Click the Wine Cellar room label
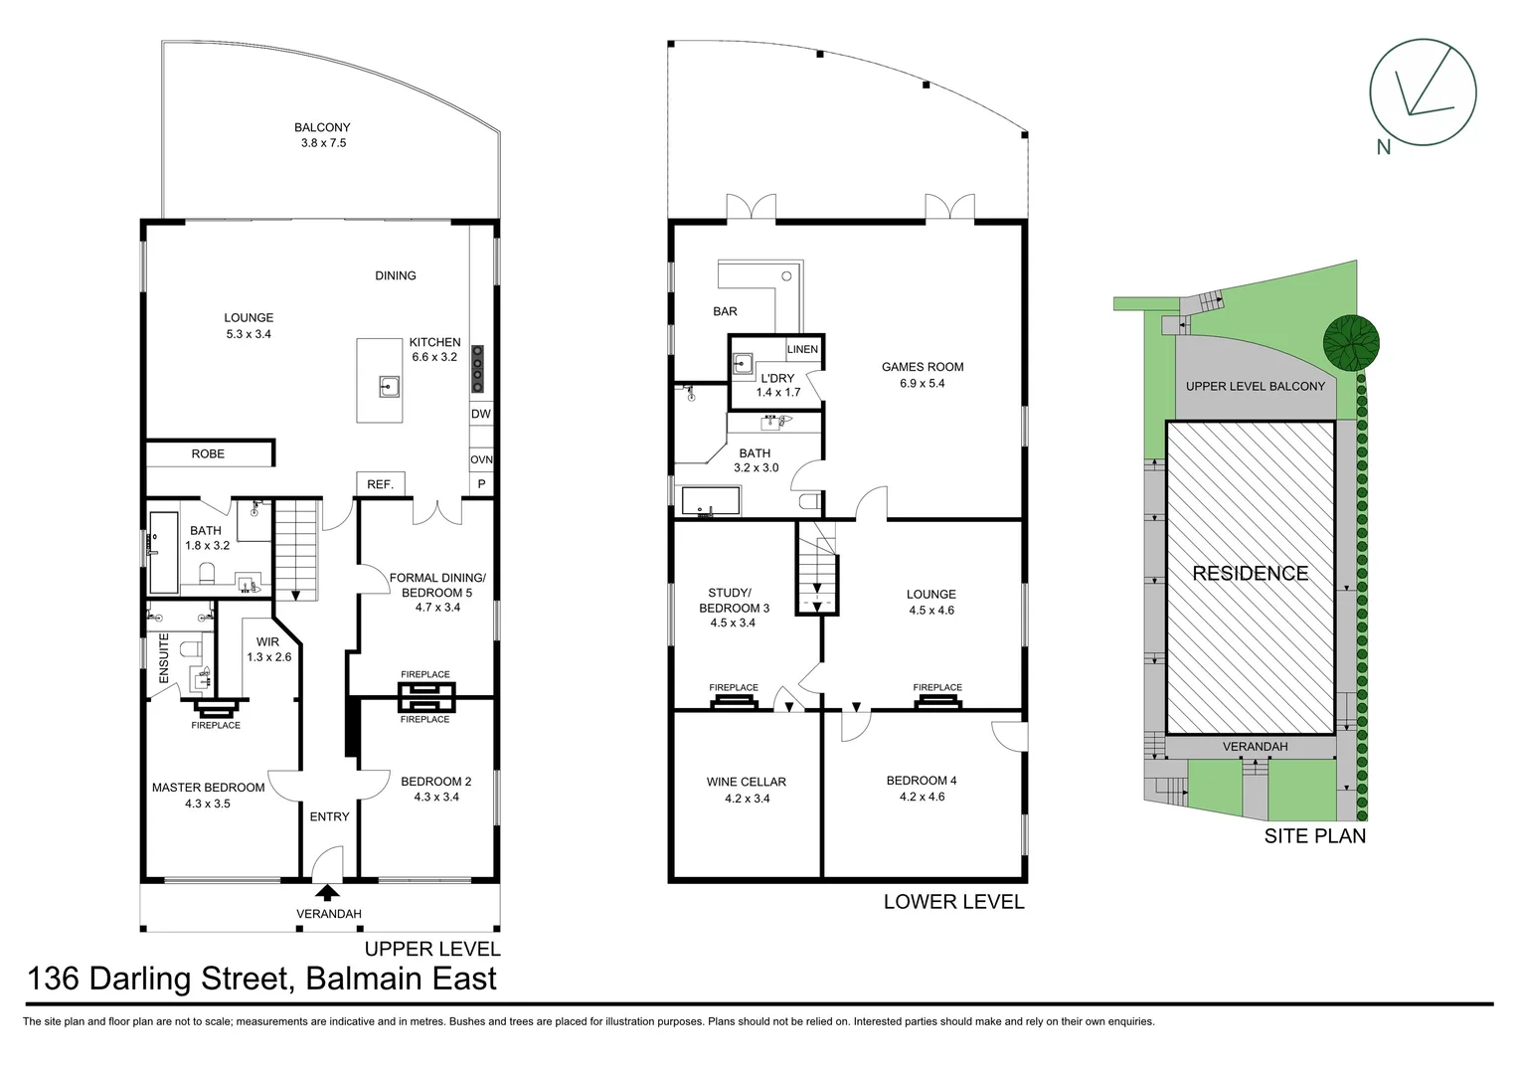746,782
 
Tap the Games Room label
922,367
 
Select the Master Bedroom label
208,788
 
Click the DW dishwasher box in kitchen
481,414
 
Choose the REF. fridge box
380,484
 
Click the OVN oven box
481,460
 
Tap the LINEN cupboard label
802,349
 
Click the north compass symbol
1422,94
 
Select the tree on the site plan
1351,343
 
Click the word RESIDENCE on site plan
1250,573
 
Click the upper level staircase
296,549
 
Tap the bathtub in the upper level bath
162,552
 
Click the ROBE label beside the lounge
208,453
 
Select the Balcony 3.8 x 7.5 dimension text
323,143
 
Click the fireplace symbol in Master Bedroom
216,709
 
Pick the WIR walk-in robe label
267,641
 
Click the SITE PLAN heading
1314,836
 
